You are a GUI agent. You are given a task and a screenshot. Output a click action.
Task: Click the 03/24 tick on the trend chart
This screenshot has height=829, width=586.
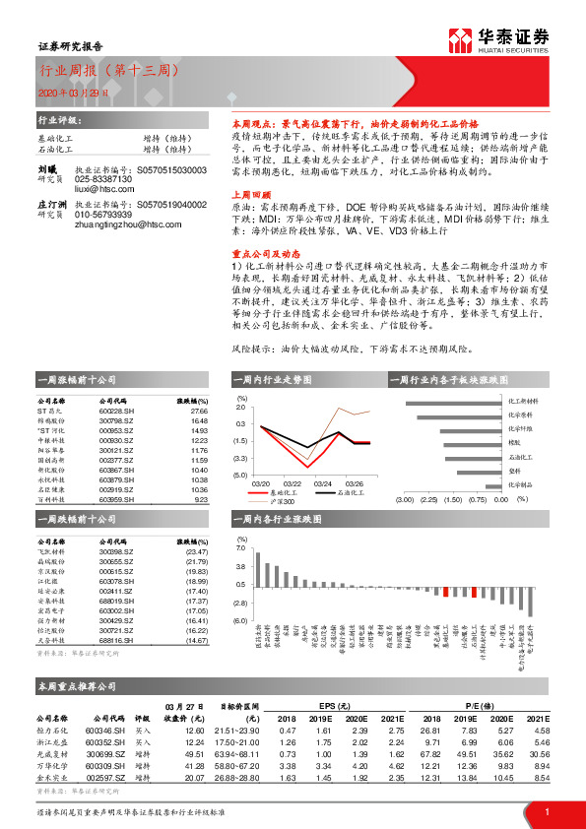[x=323, y=483]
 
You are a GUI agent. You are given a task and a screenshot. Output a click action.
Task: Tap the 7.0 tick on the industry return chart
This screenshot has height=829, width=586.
[x=240, y=551]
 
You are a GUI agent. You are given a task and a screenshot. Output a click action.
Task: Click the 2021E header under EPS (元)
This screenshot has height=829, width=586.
[x=397, y=720]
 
